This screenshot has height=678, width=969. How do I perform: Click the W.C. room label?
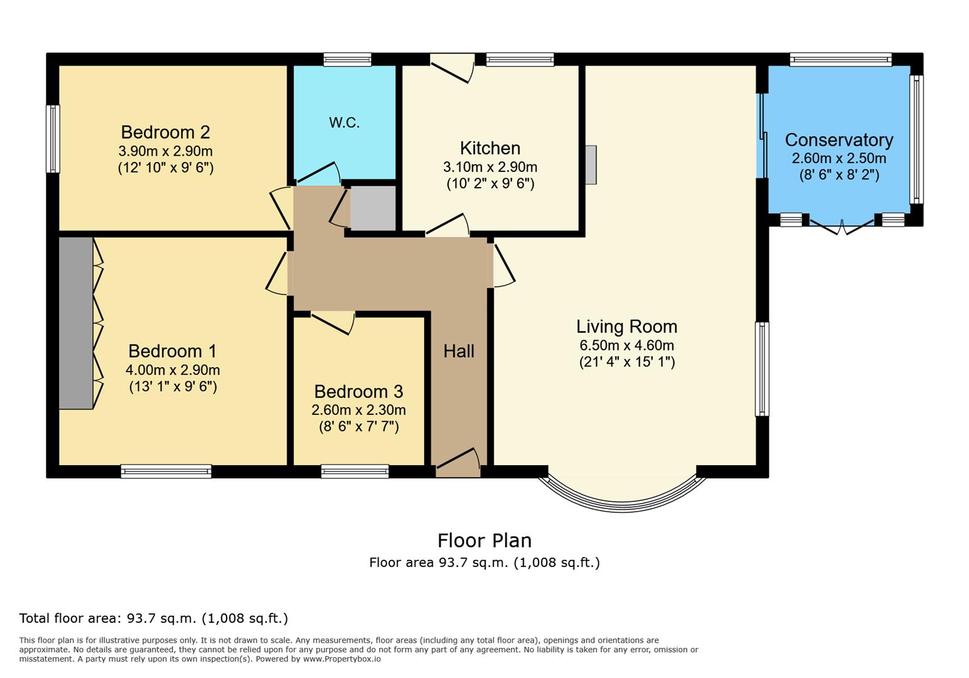point(344,123)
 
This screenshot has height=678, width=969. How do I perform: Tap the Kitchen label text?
point(490,148)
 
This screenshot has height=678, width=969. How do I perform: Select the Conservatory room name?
point(839,140)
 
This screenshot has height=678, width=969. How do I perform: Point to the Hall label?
point(459,351)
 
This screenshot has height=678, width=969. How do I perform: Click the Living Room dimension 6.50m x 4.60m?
point(627,345)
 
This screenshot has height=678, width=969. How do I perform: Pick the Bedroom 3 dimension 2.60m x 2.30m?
point(358,410)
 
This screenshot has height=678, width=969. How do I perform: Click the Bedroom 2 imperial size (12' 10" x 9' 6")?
point(166,168)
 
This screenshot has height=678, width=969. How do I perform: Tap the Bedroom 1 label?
point(172,351)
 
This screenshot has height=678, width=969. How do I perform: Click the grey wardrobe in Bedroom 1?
point(76,323)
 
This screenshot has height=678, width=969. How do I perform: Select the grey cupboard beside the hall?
point(372,208)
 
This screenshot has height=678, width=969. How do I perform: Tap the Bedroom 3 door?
point(333,323)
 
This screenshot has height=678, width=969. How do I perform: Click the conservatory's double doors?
point(842,227)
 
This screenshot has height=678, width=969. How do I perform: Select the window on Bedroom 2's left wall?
point(53,139)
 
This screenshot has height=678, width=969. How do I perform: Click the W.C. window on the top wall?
point(347,59)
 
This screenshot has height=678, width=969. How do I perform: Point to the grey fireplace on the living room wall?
point(591,165)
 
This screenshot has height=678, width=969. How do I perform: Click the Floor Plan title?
point(484,541)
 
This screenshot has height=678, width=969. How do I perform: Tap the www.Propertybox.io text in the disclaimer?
point(342,659)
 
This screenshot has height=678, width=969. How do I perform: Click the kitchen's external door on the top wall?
point(452,68)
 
